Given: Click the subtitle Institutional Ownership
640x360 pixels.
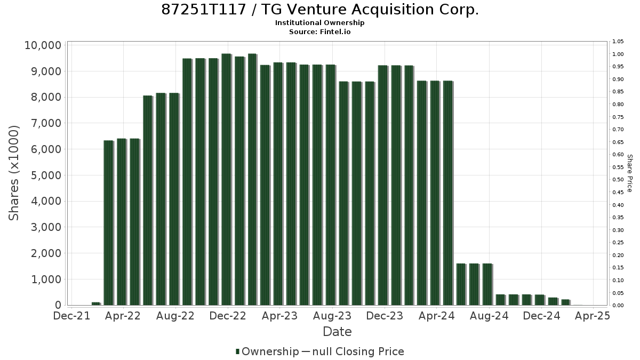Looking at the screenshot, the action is pyautogui.click(x=319, y=23).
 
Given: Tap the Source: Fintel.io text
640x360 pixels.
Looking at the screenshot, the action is pyautogui.click(x=319, y=31).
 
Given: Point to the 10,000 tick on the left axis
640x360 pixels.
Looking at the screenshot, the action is pyautogui.click(x=43, y=45).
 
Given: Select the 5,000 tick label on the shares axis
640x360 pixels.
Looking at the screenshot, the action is pyautogui.click(x=46, y=175).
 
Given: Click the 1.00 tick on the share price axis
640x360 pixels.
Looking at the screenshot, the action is pyautogui.click(x=618, y=54).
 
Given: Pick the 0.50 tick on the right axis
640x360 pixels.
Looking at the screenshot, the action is pyautogui.click(x=618, y=180).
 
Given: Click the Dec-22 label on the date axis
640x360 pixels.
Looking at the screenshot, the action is pyautogui.click(x=228, y=316).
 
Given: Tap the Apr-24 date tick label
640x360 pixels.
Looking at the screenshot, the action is pyautogui.click(x=437, y=316).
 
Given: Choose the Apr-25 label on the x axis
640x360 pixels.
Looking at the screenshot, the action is pyautogui.click(x=593, y=316).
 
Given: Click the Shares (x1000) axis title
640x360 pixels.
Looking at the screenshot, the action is pyautogui.click(x=14, y=173).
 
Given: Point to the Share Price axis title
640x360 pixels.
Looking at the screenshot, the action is pyautogui.click(x=630, y=173).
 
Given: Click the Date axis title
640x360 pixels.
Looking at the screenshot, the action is pyautogui.click(x=337, y=332).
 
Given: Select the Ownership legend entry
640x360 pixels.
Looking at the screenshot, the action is pyautogui.click(x=267, y=351).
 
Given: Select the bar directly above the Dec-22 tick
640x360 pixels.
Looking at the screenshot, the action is pyautogui.click(x=227, y=179).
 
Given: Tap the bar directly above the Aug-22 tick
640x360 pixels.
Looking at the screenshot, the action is pyautogui.click(x=174, y=199).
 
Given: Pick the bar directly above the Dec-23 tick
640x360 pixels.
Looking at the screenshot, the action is pyautogui.click(x=383, y=186).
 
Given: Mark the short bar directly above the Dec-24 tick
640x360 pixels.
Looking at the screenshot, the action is pyautogui.click(x=540, y=300).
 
